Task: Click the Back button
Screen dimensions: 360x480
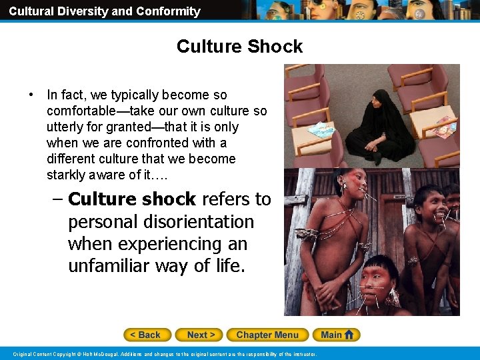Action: [x=147, y=335]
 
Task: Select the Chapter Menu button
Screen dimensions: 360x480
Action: [x=267, y=335]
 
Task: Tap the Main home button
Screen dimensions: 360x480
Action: [x=338, y=335]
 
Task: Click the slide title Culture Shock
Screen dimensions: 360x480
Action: [x=239, y=47]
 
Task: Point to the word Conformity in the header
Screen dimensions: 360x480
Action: [x=169, y=11]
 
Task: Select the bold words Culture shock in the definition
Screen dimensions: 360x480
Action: [x=132, y=199]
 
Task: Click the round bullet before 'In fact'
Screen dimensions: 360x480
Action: [x=31, y=95]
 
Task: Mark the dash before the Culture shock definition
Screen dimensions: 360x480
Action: [x=57, y=199]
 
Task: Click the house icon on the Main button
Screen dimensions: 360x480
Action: [x=349, y=335]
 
